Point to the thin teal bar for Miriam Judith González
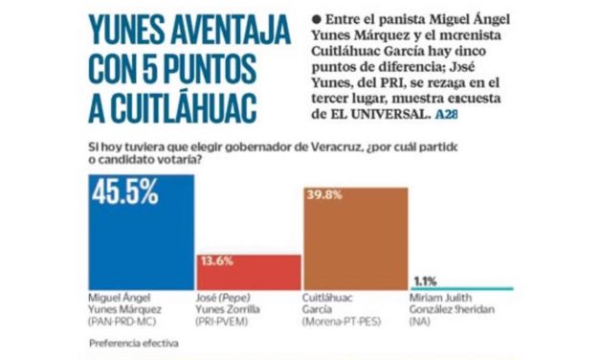coord(461,288)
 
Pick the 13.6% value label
coord(221,259)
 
